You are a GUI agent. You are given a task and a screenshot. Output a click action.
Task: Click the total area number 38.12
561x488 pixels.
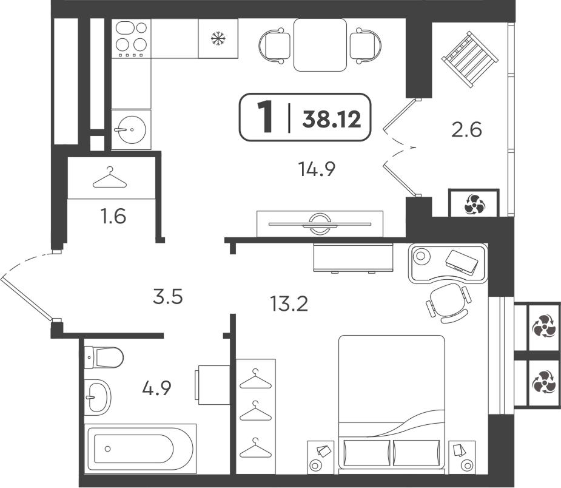point(332,118)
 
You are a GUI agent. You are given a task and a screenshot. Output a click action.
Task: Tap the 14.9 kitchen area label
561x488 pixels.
point(317,169)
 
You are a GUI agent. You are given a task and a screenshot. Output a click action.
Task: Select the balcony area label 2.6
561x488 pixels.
point(466,129)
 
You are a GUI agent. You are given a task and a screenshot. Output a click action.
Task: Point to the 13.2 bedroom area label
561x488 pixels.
point(289,303)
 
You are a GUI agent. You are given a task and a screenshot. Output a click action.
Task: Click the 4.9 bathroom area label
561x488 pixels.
point(156,387)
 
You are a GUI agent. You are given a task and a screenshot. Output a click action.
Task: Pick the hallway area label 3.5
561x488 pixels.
point(168,297)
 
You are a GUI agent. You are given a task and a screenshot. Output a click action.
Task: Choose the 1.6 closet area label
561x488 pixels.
point(114,217)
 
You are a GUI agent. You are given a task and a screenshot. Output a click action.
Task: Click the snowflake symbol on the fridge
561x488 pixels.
point(218,38)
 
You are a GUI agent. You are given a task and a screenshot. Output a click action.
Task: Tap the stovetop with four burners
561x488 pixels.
point(132,39)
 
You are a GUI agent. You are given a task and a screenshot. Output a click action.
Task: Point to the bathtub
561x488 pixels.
point(140,449)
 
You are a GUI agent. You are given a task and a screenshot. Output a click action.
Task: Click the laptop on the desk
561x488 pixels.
point(462,262)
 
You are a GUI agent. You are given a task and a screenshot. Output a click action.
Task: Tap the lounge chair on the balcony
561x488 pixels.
point(470,59)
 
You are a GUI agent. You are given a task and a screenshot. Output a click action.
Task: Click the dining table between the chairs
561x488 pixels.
point(320,45)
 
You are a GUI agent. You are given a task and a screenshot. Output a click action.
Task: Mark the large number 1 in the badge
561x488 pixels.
point(266,117)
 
